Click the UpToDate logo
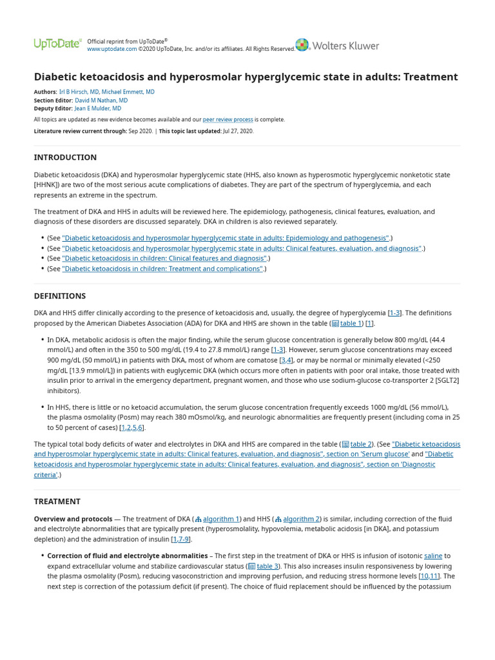pyautogui.click(x=57, y=44)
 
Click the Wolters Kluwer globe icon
pyautogui.click(x=302, y=45)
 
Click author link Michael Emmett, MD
pyautogui.click(x=128, y=92)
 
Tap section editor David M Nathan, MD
pyautogui.click(x=101, y=101)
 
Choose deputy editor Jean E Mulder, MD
pyautogui.click(x=98, y=109)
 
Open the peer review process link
pyautogui.click(x=228, y=120)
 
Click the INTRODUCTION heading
pyautogui.click(x=65, y=157)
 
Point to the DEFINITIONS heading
pyautogui.click(x=60, y=296)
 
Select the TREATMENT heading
pyautogui.click(x=57, y=501)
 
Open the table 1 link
pyautogui.click(x=351, y=323)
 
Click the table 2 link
pyautogui.click(x=361, y=444)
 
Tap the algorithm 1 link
pyautogui.click(x=221, y=519)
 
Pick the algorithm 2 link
pyautogui.click(x=301, y=519)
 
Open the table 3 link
pyautogui.click(x=267, y=566)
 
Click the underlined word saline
pyautogui.click(x=433, y=556)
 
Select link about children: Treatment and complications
pyautogui.click(x=162, y=269)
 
